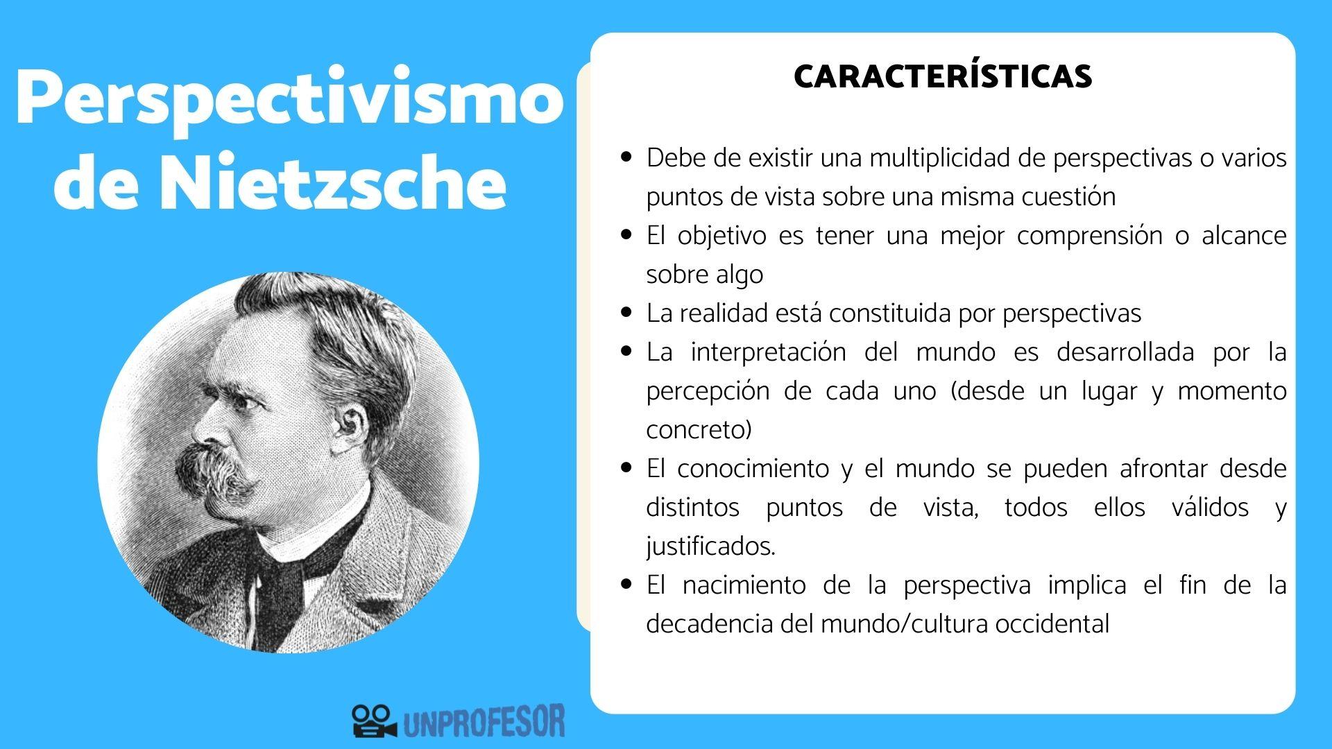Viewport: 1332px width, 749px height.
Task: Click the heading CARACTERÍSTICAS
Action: coord(943,76)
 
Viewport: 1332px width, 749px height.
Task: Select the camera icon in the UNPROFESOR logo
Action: coord(373,721)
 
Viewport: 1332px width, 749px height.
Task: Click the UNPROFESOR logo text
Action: coord(483,722)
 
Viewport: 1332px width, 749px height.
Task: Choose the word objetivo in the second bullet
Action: coord(727,236)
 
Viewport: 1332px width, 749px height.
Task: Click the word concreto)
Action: coord(699,430)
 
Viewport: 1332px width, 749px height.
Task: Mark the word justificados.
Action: coord(710,546)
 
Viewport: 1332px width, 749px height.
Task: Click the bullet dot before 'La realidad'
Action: coord(627,313)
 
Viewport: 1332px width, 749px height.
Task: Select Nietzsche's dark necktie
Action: coord(281,589)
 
